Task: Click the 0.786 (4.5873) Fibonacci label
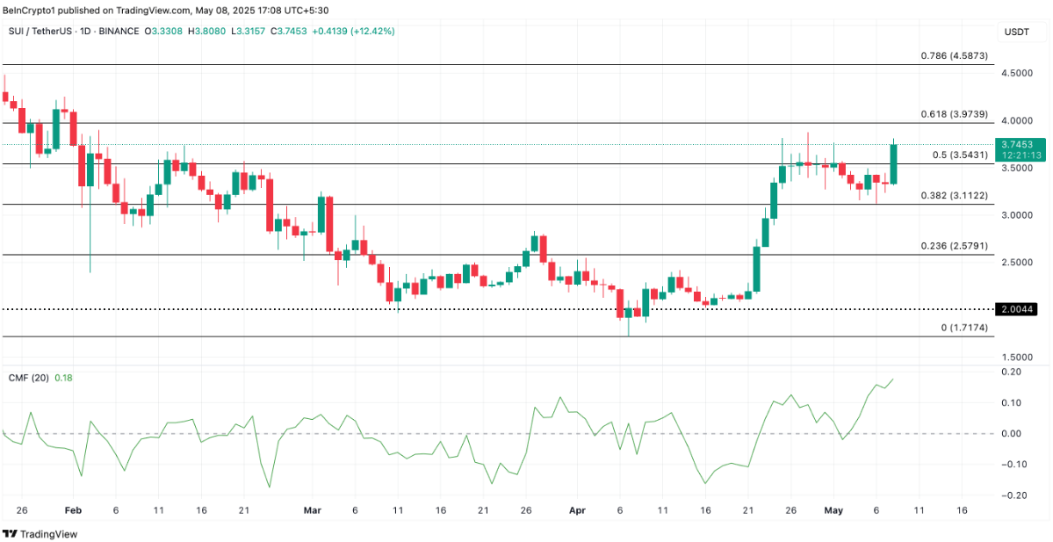(x=954, y=55)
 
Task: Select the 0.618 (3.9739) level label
(x=954, y=114)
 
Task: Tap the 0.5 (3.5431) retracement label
(x=960, y=155)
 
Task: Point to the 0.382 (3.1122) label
(x=954, y=196)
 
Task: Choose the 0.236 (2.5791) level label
(x=954, y=247)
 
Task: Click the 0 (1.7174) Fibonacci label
(x=964, y=328)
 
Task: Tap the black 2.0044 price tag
(x=1019, y=309)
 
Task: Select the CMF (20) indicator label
(x=28, y=378)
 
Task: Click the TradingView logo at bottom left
(x=41, y=533)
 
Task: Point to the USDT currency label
(x=1016, y=33)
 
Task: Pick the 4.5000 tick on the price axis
(x=1017, y=73)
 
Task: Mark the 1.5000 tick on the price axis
(x=1017, y=358)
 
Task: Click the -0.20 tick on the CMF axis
(x=1012, y=495)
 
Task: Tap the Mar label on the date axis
(x=312, y=509)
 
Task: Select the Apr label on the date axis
(x=576, y=509)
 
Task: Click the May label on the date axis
(x=833, y=509)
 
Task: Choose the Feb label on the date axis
(x=73, y=509)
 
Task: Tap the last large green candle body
(x=894, y=164)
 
